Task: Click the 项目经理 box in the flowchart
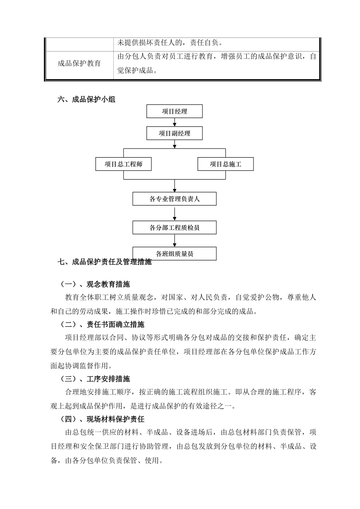click(x=175, y=111)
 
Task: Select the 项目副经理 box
click(x=175, y=133)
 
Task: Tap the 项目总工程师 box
click(x=124, y=164)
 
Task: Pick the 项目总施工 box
click(x=225, y=164)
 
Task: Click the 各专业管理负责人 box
click(x=175, y=199)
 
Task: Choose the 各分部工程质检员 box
click(x=175, y=228)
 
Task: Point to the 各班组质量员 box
click(x=175, y=253)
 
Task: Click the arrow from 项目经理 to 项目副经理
click(x=175, y=122)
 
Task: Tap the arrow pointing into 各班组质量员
click(x=175, y=241)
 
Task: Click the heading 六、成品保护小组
click(x=86, y=100)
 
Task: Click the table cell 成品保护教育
click(x=79, y=63)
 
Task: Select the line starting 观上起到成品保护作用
click(x=143, y=406)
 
